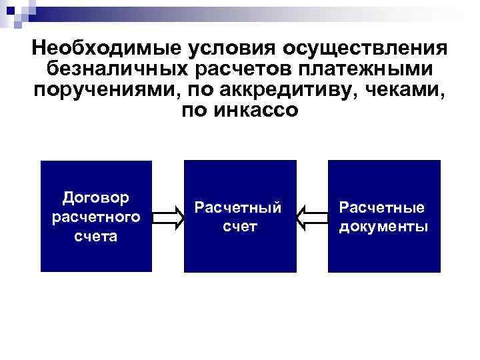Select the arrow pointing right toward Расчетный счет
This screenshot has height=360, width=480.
[168, 217]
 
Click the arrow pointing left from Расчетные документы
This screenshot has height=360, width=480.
[311, 217]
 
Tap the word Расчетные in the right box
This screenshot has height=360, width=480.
[383, 207]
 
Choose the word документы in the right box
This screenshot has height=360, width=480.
[383, 227]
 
